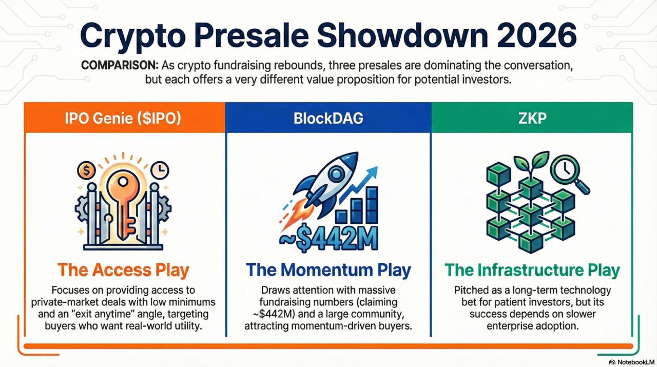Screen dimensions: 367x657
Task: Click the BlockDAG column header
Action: (328, 118)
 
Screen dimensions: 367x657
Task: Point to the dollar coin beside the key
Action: (86, 170)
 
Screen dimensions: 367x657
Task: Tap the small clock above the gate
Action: (160, 170)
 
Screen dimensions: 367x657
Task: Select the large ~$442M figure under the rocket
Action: (328, 238)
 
